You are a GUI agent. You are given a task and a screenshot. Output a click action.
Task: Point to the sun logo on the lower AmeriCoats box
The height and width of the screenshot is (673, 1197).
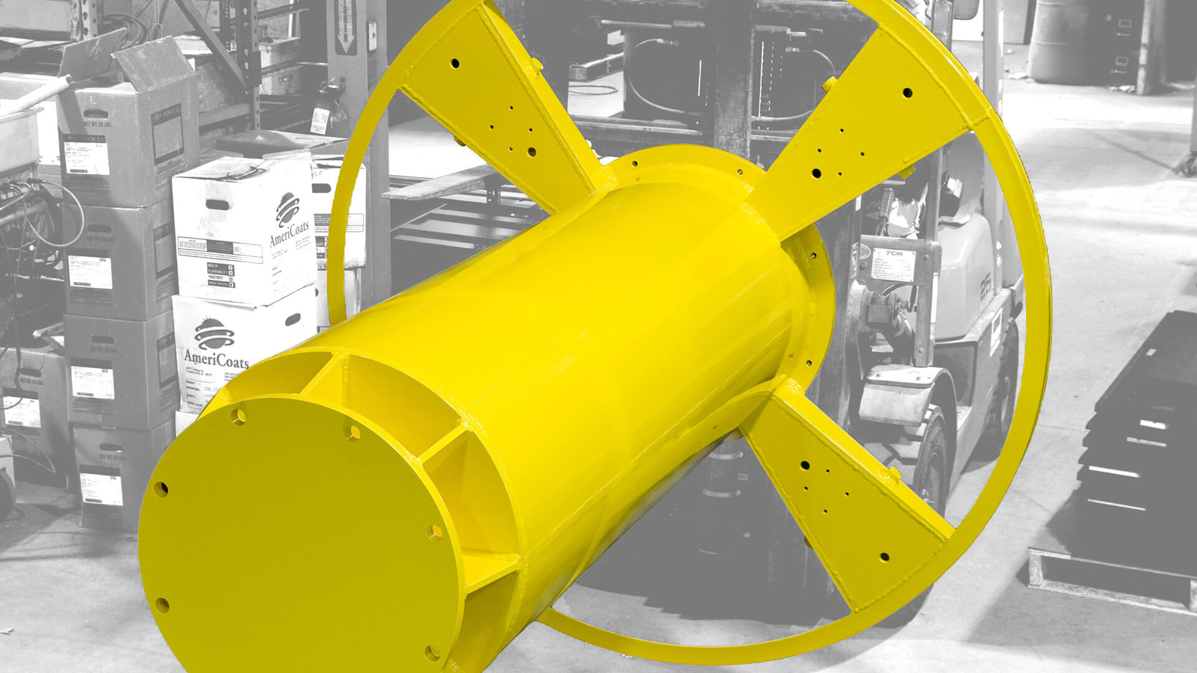pos(214,334)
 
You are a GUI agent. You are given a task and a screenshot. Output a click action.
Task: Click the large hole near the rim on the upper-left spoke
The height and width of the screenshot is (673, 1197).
pos(454,64)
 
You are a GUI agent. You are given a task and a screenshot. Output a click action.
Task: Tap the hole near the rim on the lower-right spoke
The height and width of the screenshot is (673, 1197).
pos(883,556)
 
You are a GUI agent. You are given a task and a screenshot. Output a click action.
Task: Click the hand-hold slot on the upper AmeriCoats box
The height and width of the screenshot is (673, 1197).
pos(216,205)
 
